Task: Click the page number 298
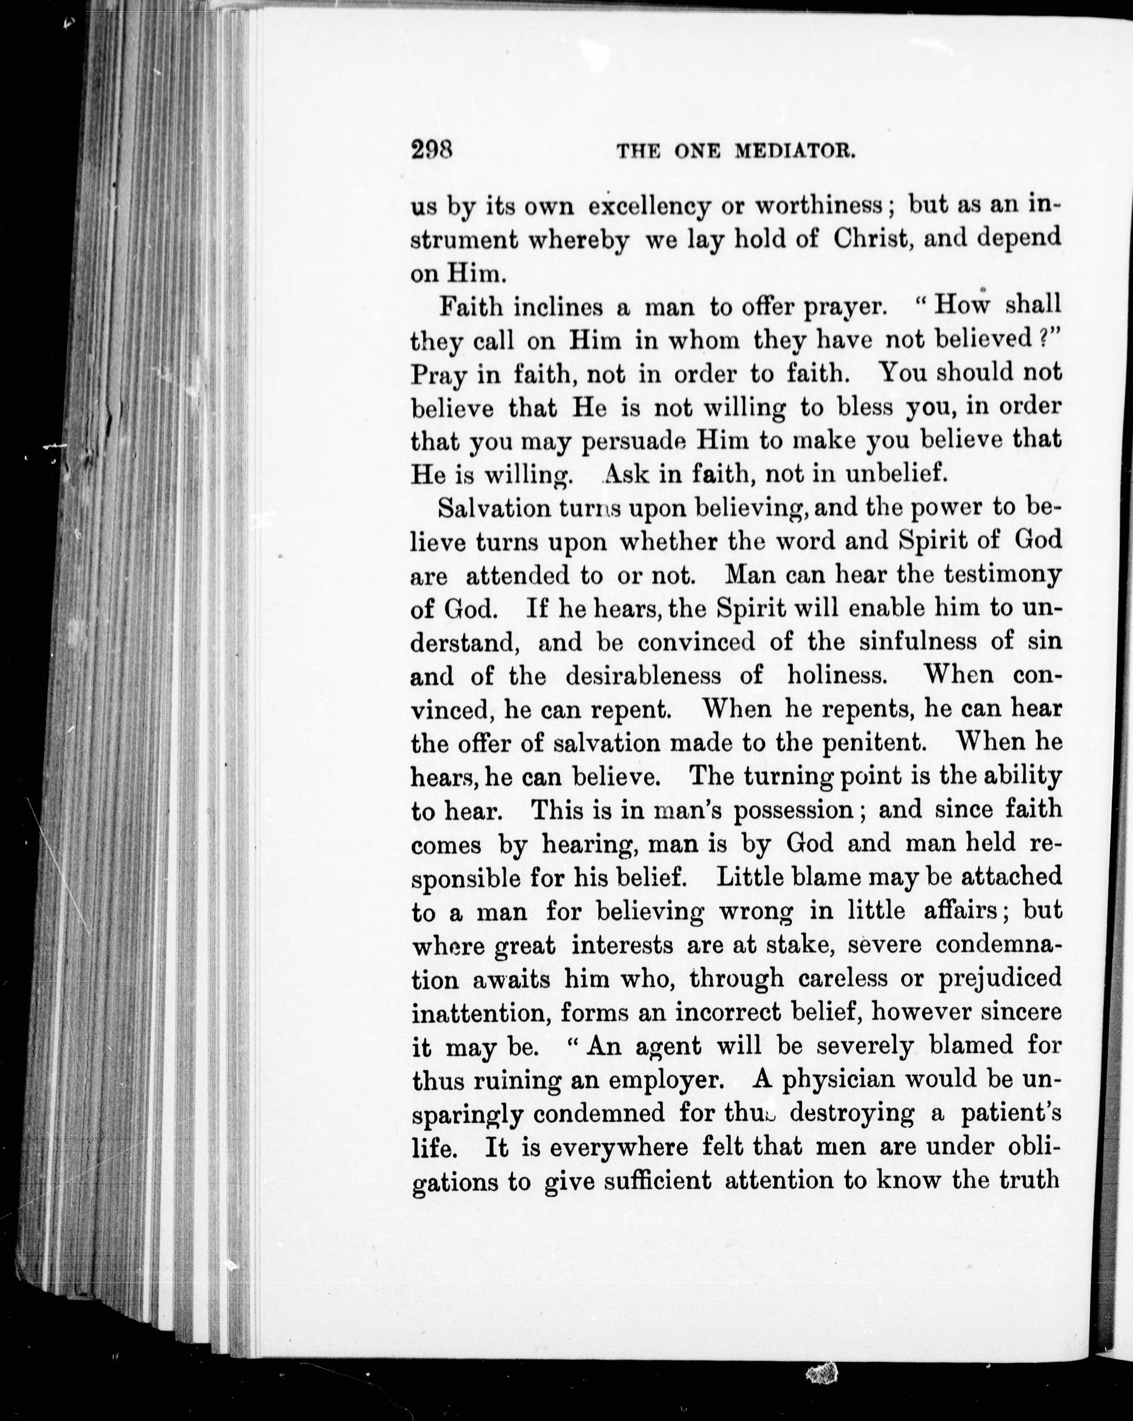431,150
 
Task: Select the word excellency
649,207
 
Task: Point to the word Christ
872,239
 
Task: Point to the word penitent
874,743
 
